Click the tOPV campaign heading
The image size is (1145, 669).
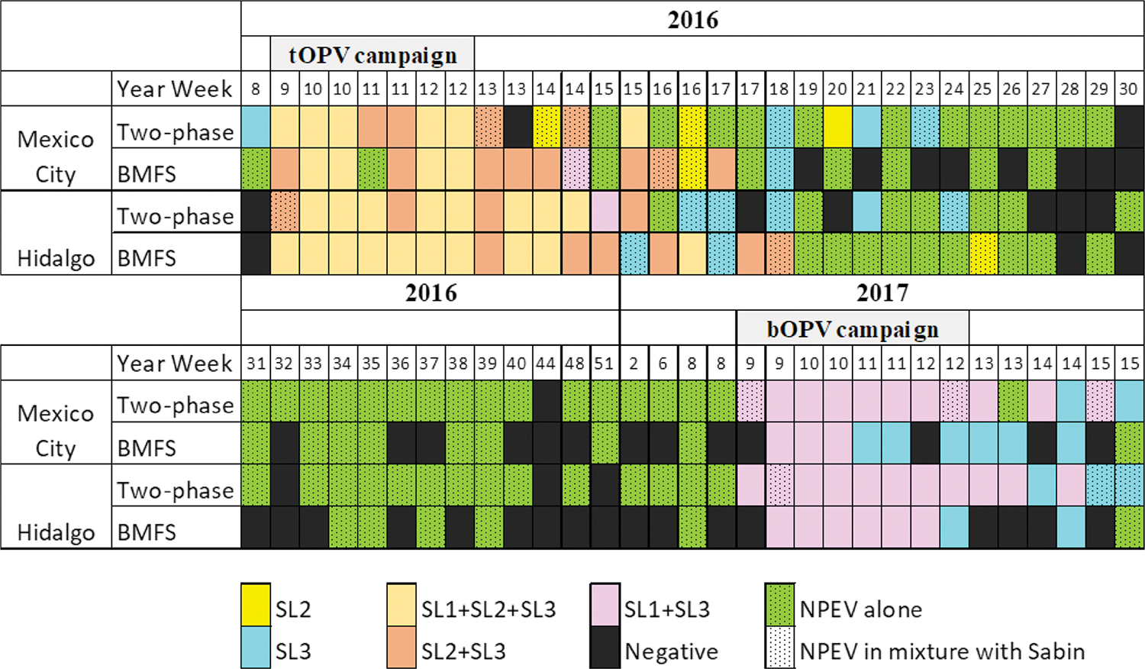(x=373, y=55)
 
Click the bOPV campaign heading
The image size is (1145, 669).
(x=853, y=328)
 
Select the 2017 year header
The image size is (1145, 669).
(x=882, y=292)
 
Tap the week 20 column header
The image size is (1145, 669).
(x=837, y=89)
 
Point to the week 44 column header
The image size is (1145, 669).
(x=545, y=363)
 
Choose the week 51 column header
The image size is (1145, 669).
(x=604, y=363)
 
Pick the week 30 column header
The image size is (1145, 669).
(x=1128, y=89)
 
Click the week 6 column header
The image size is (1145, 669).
(x=663, y=363)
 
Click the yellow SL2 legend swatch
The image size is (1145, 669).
(x=255, y=604)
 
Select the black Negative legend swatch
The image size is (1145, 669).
(x=605, y=648)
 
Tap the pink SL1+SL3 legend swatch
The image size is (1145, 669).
(x=605, y=604)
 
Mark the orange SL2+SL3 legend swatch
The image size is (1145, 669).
(x=401, y=648)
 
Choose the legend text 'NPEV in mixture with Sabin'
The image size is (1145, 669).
(x=942, y=651)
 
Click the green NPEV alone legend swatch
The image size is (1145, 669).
(x=779, y=604)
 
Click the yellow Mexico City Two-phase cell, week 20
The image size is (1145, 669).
(x=837, y=127)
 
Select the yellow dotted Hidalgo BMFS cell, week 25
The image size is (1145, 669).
(x=983, y=254)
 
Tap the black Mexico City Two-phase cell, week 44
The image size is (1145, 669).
(x=546, y=401)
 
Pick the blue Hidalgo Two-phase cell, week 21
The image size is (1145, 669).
(x=866, y=212)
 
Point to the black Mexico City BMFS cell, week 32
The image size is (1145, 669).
(x=284, y=443)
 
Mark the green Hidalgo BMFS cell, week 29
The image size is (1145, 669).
(x=1099, y=254)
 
